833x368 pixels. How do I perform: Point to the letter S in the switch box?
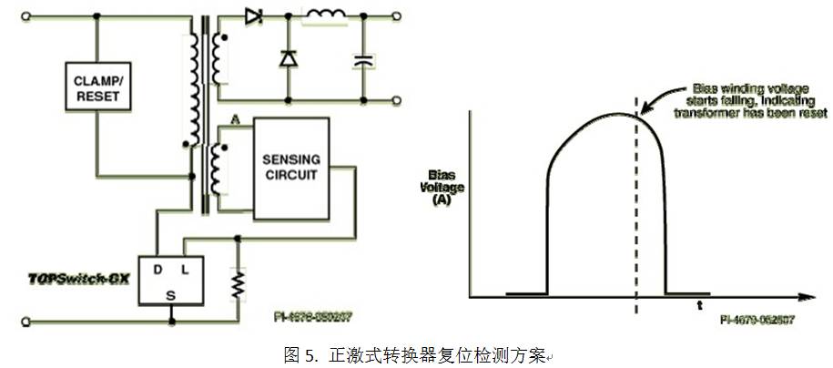tap(171, 293)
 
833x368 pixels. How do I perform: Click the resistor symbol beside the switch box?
tap(239, 283)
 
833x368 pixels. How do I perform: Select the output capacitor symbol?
tap(363, 61)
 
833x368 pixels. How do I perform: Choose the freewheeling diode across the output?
tap(288, 58)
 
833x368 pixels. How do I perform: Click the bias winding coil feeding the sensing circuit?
tap(217, 169)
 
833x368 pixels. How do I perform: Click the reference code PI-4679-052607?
tap(757, 320)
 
